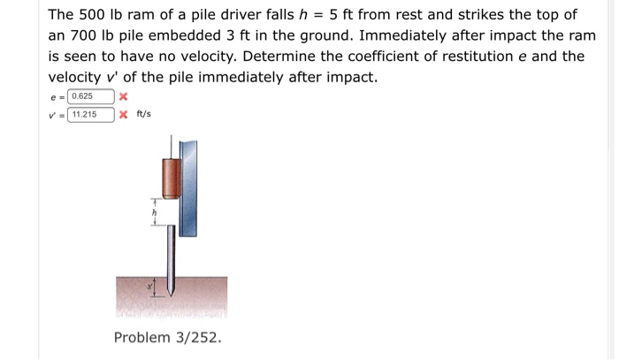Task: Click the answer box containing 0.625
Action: pyautogui.click(x=91, y=96)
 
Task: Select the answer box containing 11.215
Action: pyautogui.click(x=91, y=115)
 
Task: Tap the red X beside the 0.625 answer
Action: pyautogui.click(x=124, y=96)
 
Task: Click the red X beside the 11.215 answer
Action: pyautogui.click(x=124, y=115)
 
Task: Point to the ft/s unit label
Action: pyautogui.click(x=144, y=115)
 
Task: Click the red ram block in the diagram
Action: pyautogui.click(x=171, y=176)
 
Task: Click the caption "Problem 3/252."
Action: pyautogui.click(x=168, y=338)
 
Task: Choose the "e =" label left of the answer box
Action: pyautogui.click(x=57, y=96)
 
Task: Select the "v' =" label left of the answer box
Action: pyautogui.click(x=57, y=115)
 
